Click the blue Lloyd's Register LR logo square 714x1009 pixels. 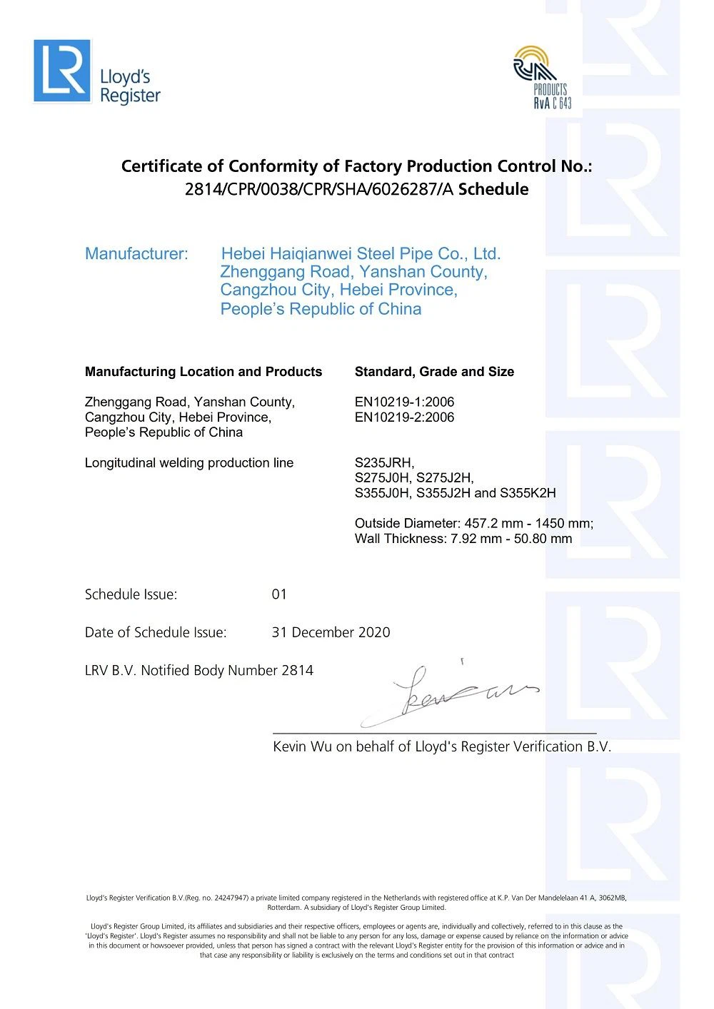point(62,71)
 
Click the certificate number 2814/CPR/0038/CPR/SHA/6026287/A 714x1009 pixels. point(320,190)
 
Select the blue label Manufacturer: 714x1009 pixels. point(136,254)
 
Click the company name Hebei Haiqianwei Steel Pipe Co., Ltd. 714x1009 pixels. point(361,254)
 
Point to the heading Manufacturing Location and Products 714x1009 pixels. point(203,372)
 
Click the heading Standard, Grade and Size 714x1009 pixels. point(434,372)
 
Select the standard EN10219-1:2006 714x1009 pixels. point(404,402)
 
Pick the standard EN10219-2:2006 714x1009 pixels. point(404,417)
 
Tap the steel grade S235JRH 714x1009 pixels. point(384,463)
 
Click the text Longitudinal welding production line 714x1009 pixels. point(189,463)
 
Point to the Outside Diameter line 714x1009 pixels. point(473,524)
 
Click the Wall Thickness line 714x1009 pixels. point(463,539)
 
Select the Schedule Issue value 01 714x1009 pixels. point(279,594)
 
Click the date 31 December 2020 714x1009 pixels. point(331,632)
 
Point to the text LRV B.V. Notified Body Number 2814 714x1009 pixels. point(199,671)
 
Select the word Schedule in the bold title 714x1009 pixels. point(493,190)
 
